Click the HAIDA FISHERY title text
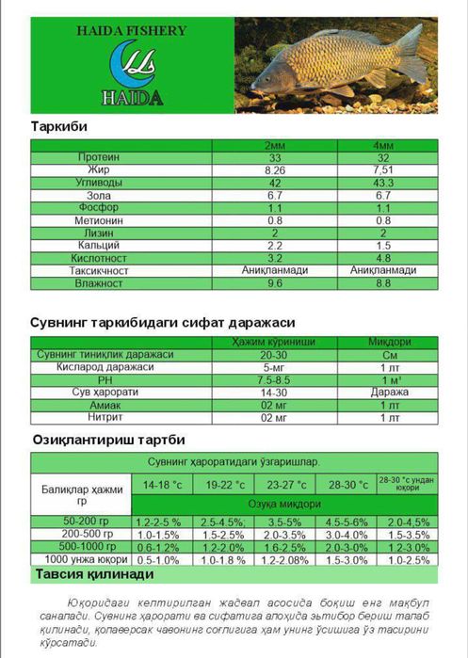tap(132, 30)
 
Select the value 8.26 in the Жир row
tap(276, 170)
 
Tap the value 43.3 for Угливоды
tap(383, 183)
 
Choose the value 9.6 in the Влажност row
tap(276, 282)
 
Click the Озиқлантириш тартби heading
tap(109, 440)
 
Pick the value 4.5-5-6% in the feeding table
tap(347, 521)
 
